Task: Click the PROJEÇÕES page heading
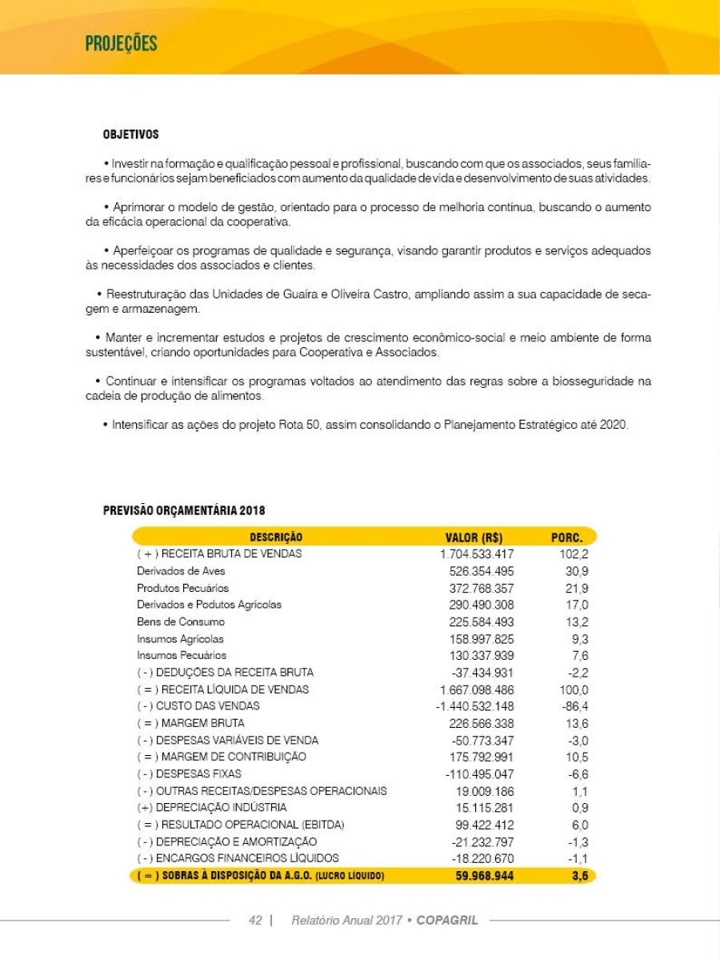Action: click(121, 43)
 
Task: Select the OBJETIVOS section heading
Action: click(130, 134)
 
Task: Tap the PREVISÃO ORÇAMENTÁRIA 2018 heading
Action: click(184, 510)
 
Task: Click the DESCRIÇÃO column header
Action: click(276, 537)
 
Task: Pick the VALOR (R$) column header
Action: click(474, 537)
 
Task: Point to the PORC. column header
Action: click(567, 537)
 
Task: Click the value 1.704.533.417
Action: click(478, 553)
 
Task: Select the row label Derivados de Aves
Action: click(181, 570)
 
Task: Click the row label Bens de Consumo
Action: click(181, 621)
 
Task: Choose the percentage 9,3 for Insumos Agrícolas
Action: click(580, 638)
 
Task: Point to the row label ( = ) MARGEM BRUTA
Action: click(190, 723)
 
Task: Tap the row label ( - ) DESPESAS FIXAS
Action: click(189, 773)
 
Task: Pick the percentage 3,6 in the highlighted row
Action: click(580, 876)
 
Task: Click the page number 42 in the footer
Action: click(255, 921)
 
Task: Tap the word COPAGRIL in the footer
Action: click(447, 921)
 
